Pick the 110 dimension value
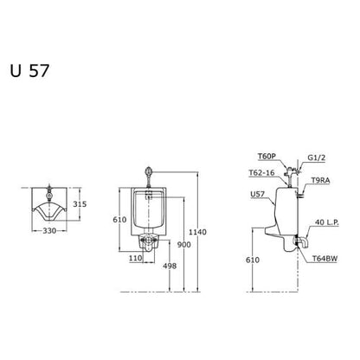[135, 257]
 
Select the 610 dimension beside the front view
[120, 221]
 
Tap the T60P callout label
[267, 156]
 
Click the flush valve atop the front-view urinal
[151, 171]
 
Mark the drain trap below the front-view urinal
[151, 243]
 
